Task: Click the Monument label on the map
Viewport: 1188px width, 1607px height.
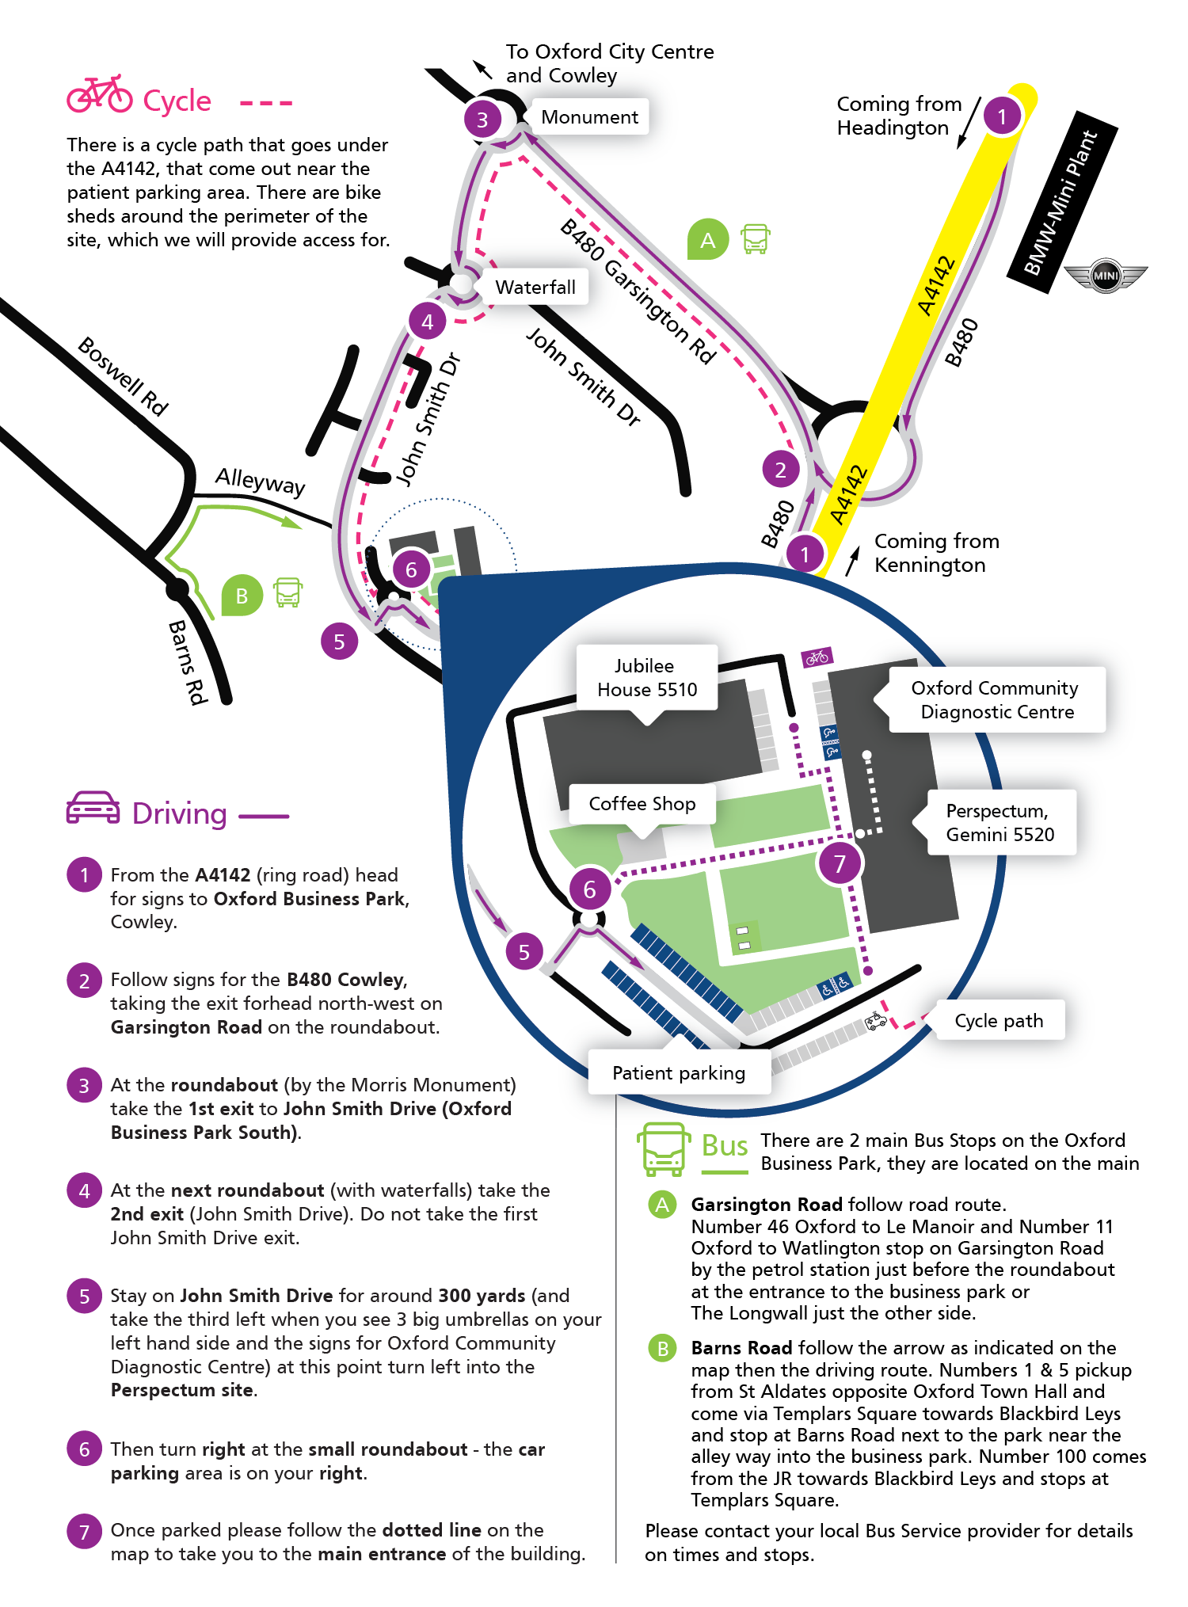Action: (589, 117)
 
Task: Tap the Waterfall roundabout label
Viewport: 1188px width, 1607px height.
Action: (535, 288)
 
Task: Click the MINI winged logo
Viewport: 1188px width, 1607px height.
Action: (1105, 276)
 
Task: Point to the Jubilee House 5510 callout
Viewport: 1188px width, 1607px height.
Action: (647, 678)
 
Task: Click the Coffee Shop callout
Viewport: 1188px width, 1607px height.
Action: (642, 804)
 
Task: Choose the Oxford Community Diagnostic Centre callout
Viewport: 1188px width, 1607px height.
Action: (996, 699)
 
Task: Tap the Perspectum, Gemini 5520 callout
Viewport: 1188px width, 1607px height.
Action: (1000, 822)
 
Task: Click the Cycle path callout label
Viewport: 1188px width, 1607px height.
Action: (999, 1021)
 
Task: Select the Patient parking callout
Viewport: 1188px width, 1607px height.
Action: (679, 1073)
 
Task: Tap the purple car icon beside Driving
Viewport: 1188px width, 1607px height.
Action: (93, 809)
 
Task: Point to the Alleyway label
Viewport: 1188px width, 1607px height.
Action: (260, 481)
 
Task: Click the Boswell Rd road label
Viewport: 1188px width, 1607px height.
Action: (124, 376)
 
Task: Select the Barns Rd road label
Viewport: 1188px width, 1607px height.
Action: (188, 661)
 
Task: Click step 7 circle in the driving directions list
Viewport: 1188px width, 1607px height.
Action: (85, 1533)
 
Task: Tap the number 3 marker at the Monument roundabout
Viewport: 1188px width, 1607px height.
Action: (482, 120)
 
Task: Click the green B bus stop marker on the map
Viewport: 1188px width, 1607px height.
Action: (242, 595)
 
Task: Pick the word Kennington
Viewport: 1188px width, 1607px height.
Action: (930, 565)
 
